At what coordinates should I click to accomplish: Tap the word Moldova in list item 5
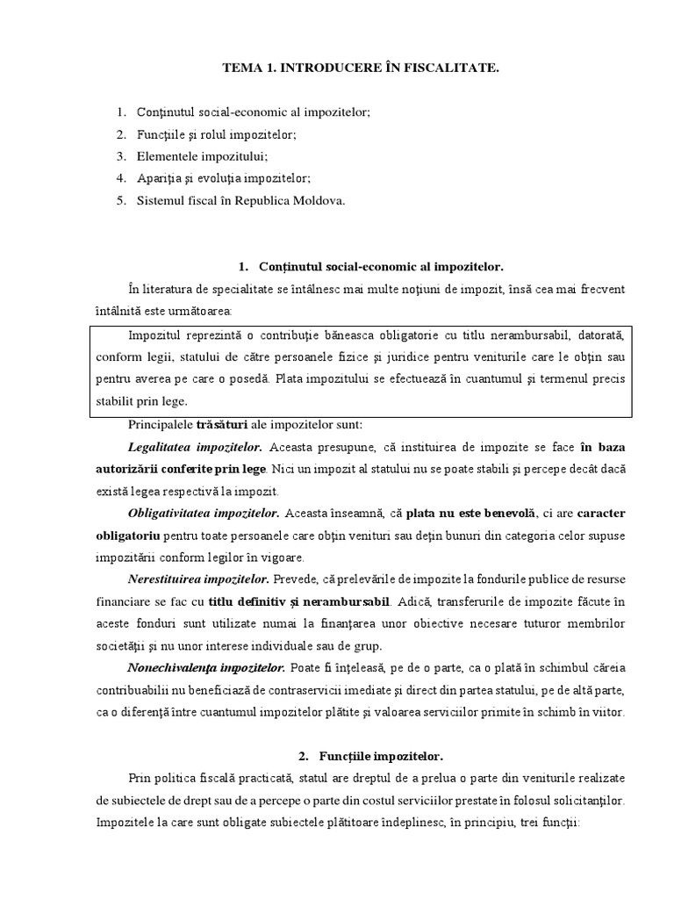[x=317, y=200]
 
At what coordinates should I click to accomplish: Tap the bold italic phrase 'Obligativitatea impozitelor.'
[x=204, y=512]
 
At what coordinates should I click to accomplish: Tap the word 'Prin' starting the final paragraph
[x=140, y=778]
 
